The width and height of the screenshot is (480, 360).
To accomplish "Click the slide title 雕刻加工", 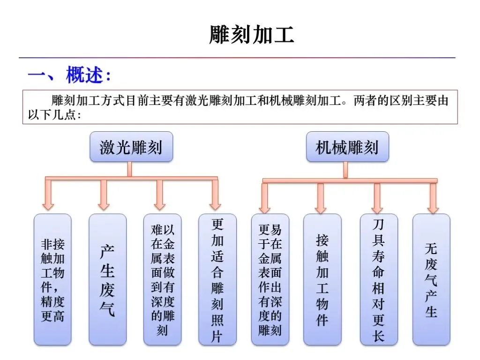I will [x=252, y=35].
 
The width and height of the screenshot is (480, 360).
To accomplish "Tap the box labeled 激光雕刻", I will [x=131, y=147].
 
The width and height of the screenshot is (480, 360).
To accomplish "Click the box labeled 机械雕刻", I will [x=347, y=147].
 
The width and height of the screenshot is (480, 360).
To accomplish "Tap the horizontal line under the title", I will [x=237, y=58].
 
